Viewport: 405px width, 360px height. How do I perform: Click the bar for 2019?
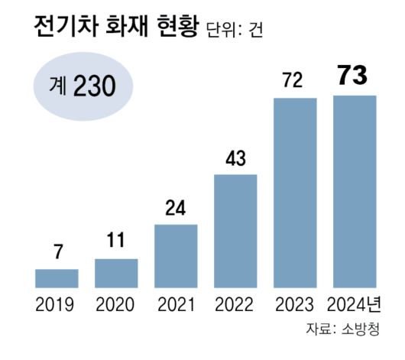[x=57, y=278]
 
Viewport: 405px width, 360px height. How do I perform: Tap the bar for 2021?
[x=176, y=256]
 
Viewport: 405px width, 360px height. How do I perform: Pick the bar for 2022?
[x=235, y=231]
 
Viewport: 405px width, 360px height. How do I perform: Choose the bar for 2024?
[x=354, y=192]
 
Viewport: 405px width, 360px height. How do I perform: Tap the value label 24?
[x=176, y=209]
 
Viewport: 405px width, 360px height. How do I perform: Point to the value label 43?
[x=235, y=160]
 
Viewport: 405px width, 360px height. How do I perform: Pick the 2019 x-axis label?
[x=56, y=307]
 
